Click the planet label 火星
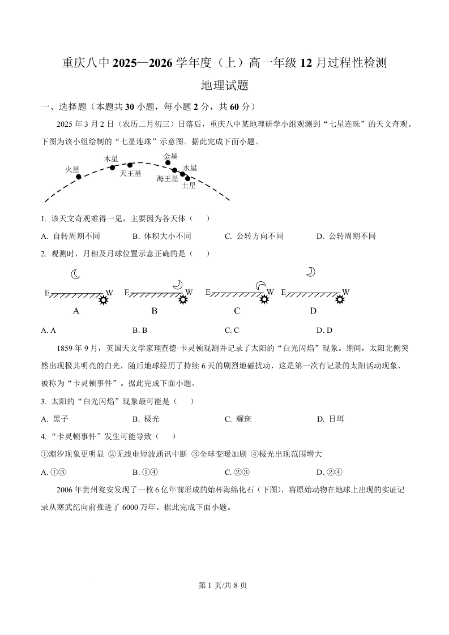(72, 169)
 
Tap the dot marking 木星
(112, 168)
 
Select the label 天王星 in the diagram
(130, 174)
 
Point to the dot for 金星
(168, 163)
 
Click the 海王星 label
(167, 178)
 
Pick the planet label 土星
(189, 186)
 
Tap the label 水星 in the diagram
(190, 168)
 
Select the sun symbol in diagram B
(182, 299)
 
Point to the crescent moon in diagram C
(260, 286)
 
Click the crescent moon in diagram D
(310, 272)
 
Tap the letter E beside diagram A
(47, 293)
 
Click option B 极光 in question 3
(146, 419)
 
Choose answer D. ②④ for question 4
(331, 472)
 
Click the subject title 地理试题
(225, 85)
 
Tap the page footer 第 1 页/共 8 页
(224, 585)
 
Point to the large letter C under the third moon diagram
(237, 311)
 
